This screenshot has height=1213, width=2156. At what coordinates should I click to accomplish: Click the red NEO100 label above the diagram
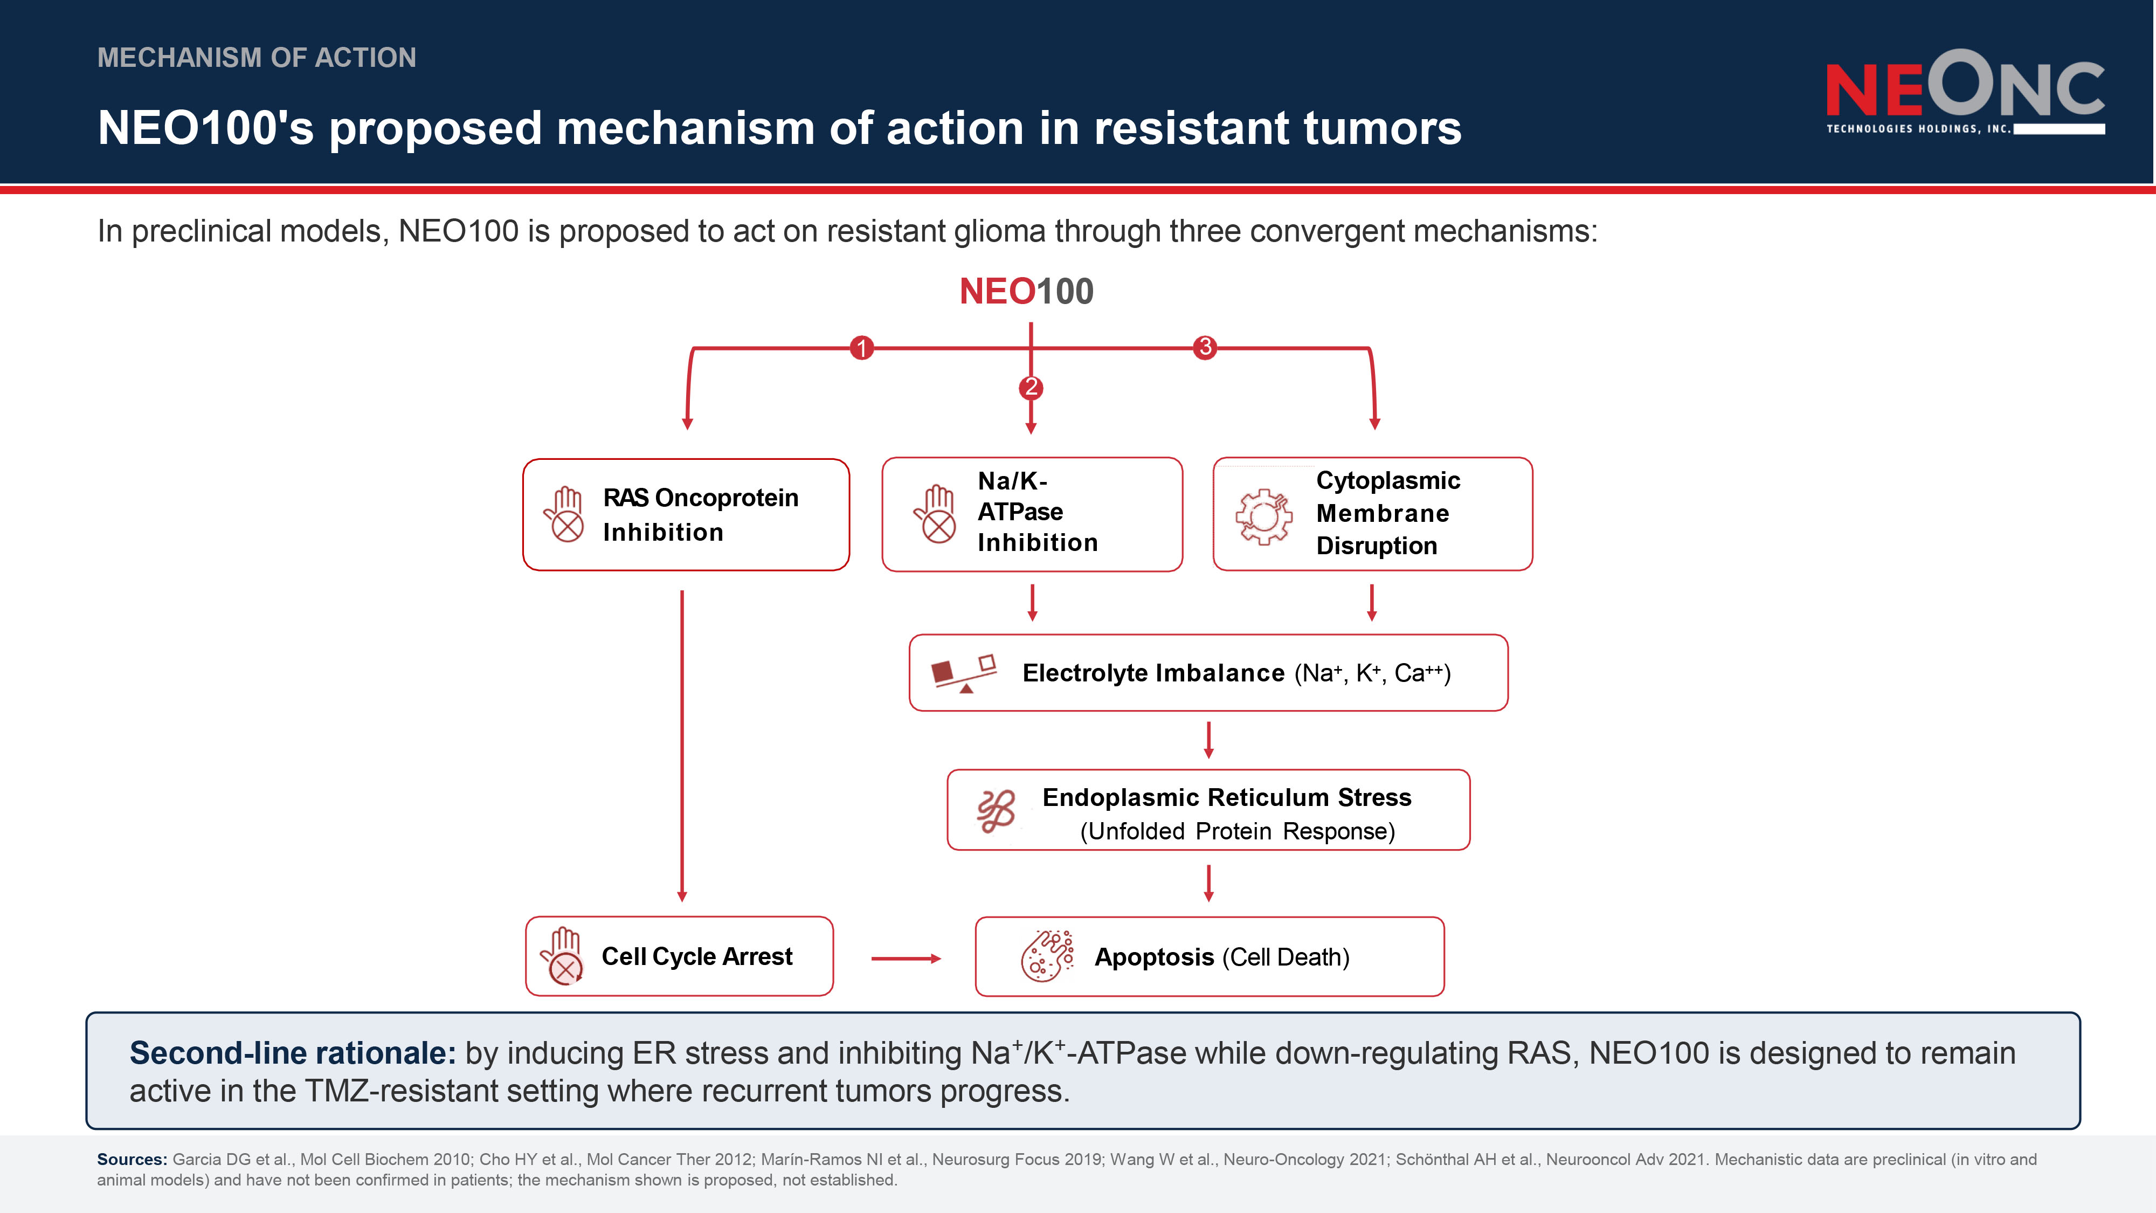1026,291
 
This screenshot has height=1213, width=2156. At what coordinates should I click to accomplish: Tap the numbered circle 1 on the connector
861,347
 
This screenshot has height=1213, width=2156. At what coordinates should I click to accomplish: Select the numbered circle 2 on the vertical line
1031,388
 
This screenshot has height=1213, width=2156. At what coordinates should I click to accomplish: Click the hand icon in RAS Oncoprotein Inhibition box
565,514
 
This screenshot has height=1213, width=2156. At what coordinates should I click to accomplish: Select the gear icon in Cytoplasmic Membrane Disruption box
1264,516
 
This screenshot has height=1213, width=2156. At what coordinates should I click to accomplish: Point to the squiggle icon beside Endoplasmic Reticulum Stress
996,810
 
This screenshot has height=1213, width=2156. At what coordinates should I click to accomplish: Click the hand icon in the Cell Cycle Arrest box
562,956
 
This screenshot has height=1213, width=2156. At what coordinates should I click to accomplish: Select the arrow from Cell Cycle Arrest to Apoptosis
907,959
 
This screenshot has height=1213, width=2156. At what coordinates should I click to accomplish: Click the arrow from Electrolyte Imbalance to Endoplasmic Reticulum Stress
1208,740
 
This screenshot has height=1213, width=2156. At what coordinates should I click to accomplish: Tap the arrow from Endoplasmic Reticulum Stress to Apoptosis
1208,883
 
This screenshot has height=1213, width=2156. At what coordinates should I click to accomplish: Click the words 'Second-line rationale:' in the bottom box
293,1053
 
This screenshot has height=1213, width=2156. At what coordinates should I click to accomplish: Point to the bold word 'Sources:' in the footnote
132,1160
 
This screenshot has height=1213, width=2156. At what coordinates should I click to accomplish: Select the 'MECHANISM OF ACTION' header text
257,57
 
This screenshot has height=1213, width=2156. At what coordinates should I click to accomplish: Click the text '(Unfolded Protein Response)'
1237,831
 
